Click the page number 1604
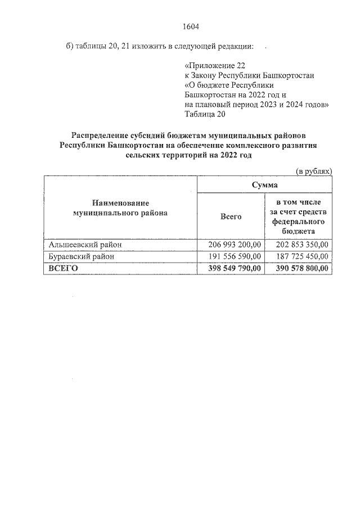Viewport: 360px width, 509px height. click(191, 26)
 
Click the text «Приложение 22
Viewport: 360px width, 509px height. click(215, 65)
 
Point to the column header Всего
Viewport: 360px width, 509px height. click(231, 217)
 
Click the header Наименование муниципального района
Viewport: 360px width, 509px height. click(120, 208)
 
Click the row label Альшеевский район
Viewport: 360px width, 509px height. click(85, 244)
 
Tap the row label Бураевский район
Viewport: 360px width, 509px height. click(82, 256)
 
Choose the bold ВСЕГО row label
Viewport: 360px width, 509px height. click(63, 269)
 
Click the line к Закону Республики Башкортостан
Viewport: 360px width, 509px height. click(249, 75)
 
